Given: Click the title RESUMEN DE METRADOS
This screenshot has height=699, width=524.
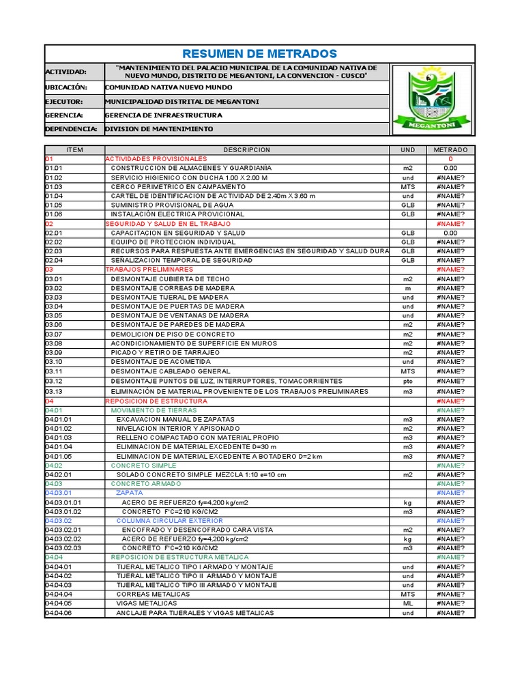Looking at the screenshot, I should click(259, 54).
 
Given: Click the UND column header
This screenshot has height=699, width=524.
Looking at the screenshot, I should click(407, 149).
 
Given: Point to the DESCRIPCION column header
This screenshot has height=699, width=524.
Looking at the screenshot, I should click(246, 149).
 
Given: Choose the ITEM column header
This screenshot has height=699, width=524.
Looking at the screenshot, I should click(74, 149).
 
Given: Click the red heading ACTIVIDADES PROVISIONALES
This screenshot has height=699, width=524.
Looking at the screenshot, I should click(156, 158).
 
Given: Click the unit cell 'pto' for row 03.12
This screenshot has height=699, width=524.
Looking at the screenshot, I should click(407, 382).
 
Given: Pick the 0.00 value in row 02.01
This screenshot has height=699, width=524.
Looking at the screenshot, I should click(450, 233).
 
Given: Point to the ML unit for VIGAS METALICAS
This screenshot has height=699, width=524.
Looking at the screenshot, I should click(407, 603).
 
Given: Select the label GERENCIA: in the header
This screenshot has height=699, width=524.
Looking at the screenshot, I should click(64, 115).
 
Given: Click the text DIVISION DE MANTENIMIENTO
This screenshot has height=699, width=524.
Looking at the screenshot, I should click(159, 129).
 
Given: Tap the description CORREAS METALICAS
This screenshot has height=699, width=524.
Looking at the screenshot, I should click(154, 595).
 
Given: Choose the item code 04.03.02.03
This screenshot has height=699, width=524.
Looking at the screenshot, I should click(63, 548).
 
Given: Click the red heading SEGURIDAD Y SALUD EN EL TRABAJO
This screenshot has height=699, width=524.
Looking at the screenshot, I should click(168, 223).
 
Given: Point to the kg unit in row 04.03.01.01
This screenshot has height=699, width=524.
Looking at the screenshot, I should click(407, 502).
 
